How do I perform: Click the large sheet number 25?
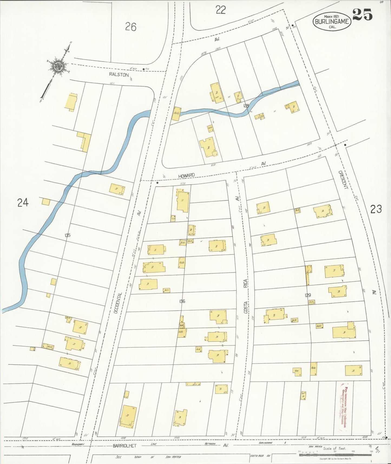[x=363, y=15]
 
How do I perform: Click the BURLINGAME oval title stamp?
[x=332, y=21]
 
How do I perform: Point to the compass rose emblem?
[x=58, y=66]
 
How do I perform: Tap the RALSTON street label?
[x=119, y=75]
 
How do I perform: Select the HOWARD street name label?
[x=186, y=176]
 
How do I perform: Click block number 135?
[x=67, y=235]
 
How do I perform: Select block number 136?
[x=182, y=301]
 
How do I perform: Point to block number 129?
[x=308, y=295]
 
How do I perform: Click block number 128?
[x=246, y=106]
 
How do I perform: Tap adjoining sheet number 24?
[x=23, y=202]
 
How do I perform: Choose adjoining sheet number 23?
[x=376, y=209]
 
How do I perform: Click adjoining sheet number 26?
[x=131, y=27]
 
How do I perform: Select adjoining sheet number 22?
[x=221, y=10]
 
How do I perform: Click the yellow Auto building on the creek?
[x=176, y=114]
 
